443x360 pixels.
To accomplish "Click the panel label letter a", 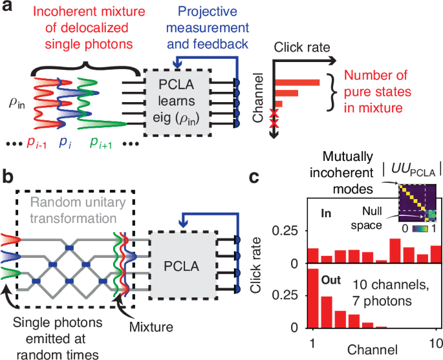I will [x=7, y=8].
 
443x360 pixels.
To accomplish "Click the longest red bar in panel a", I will [x=297, y=82].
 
